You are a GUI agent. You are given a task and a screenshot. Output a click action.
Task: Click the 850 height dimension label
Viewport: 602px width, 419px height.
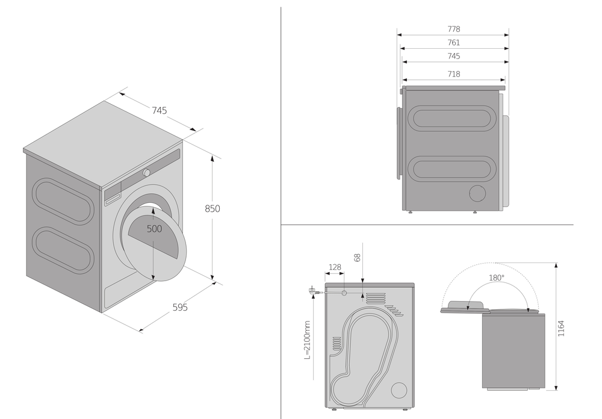pos(212,209)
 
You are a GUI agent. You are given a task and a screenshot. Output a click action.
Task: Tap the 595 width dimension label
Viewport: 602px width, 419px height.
pos(180,307)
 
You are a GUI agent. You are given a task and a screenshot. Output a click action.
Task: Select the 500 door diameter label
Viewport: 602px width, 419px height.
pos(154,229)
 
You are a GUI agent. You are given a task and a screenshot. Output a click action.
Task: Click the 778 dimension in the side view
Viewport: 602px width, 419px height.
pos(454,29)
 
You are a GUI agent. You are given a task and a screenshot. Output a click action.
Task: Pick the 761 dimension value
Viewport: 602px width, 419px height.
pos(454,43)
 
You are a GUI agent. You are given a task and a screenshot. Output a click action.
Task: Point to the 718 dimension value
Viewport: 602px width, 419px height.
pos(454,74)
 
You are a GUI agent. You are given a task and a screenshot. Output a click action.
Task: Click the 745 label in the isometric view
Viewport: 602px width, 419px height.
pos(159,110)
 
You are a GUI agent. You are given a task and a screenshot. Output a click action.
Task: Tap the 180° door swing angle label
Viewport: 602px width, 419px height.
pos(497,278)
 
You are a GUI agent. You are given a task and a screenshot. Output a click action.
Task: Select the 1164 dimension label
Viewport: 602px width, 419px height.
pos(561,328)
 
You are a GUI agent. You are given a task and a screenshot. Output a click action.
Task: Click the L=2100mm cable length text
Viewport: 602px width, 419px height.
pos(307,340)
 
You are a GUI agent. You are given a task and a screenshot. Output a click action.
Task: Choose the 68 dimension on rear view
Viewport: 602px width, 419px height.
pos(357,258)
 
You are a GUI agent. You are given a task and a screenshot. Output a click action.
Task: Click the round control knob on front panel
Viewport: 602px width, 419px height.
pos(146,173)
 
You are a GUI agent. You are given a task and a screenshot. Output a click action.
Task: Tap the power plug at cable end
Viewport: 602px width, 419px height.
pos(312,291)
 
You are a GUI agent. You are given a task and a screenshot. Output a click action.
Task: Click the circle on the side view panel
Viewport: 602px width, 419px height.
pos(477,193)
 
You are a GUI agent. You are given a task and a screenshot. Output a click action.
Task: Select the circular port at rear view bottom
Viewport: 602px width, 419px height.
pos(399,390)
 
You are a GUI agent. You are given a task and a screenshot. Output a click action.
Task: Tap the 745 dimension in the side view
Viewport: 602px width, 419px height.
pos(454,56)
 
